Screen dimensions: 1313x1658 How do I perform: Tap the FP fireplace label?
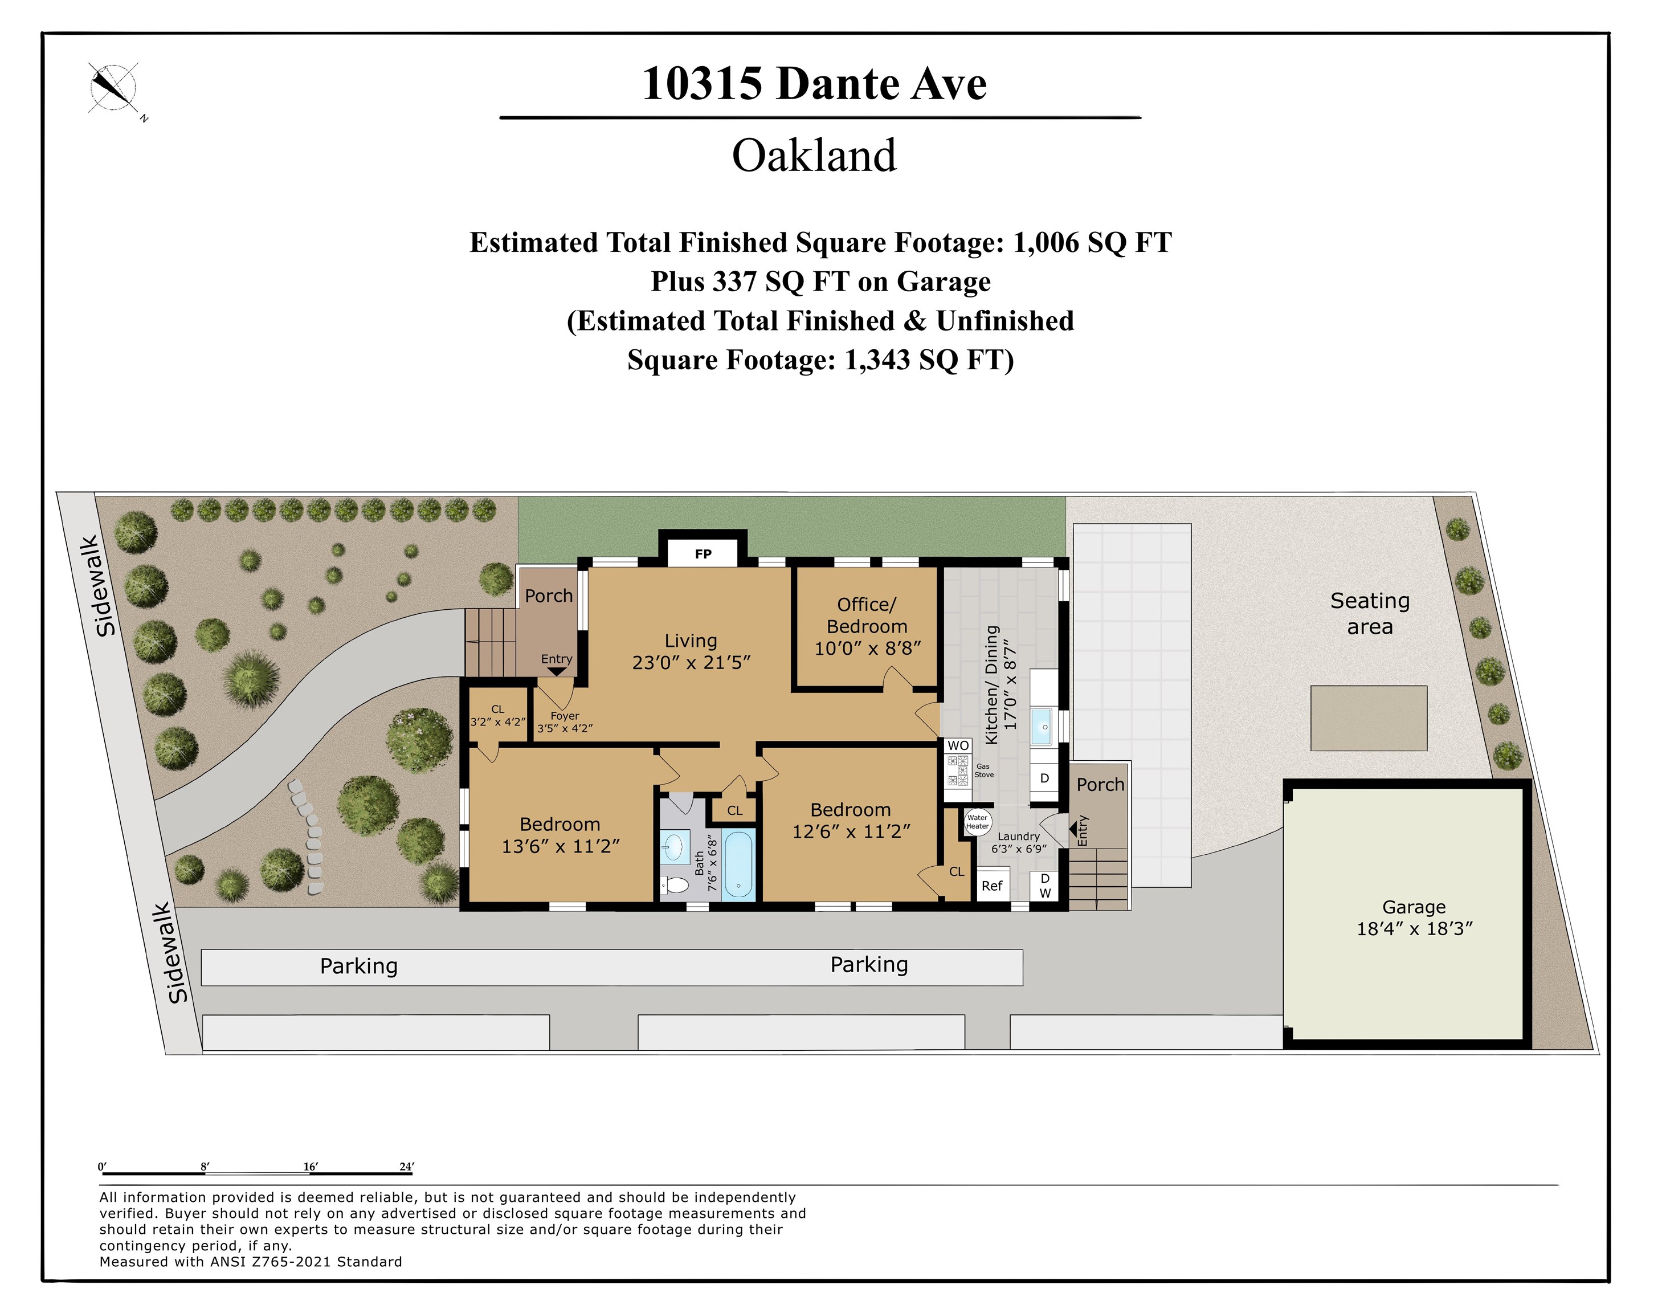(703, 553)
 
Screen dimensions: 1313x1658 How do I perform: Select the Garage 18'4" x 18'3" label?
(1414, 918)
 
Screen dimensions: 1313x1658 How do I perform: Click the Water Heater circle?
(978, 822)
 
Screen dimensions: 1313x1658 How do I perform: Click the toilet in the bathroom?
(676, 886)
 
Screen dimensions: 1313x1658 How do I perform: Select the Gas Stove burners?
(958, 771)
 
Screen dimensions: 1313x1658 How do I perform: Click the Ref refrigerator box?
(991, 886)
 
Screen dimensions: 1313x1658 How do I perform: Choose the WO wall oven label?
(958, 745)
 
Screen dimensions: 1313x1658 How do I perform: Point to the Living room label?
(690, 641)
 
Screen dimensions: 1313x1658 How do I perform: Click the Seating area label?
(1370, 613)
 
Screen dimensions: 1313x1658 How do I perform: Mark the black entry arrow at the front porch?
(557, 672)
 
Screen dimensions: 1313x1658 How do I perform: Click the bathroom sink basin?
(673, 847)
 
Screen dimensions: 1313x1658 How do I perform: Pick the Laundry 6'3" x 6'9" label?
(1019, 842)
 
